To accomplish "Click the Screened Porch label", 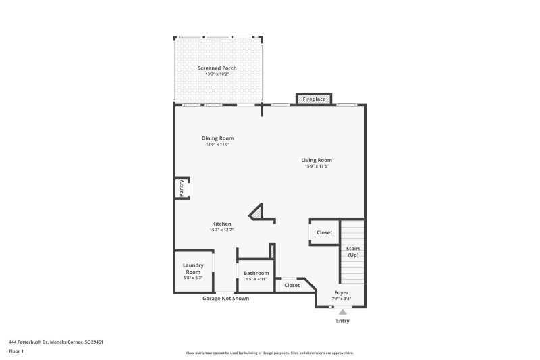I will tap(217, 68).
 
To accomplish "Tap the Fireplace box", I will tap(314, 99).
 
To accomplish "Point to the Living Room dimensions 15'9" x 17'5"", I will tap(316, 166).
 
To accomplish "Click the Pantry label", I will tap(182, 189).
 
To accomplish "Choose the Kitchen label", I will tap(221, 224).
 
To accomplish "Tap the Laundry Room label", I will tap(193, 268).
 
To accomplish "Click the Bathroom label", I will tap(256, 273).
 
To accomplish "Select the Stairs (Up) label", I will tap(353, 251).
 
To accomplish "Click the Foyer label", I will tap(341, 292).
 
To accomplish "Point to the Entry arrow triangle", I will tap(342, 311).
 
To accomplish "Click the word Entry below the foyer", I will tap(343, 321).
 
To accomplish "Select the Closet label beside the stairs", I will tap(325, 232).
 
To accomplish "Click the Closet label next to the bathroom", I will tap(292, 285).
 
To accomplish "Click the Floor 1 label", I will tap(17, 351).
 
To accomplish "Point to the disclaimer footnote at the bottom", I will tap(269, 353).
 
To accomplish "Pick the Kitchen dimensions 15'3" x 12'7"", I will tap(221, 230).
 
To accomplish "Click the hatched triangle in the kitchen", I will tap(258, 213).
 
